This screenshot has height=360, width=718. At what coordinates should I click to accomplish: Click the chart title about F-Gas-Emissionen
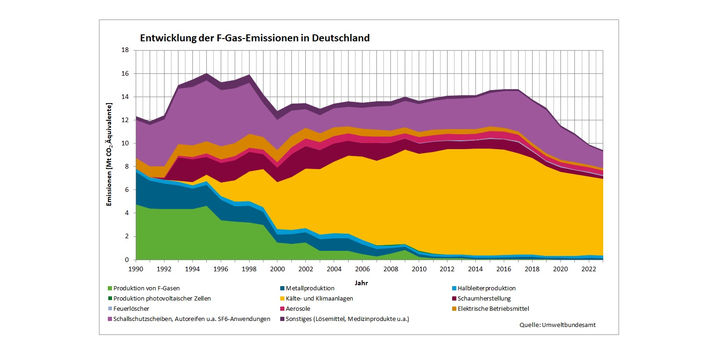coord(255,38)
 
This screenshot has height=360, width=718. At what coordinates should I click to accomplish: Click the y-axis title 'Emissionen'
coord(110,155)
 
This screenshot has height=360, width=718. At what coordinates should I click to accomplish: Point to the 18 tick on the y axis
coord(125,50)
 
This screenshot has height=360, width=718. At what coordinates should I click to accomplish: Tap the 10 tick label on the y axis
coord(125,144)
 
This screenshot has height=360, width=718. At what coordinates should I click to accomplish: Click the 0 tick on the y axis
coord(127,260)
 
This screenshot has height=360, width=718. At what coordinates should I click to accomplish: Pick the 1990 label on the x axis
coord(136,269)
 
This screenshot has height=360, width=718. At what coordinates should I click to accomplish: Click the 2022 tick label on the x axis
coord(589,269)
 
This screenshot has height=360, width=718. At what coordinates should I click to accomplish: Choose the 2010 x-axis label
coord(419,269)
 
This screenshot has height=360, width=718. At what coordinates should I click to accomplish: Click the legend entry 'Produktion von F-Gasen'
coord(146,288)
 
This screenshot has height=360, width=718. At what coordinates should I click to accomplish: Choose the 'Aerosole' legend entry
coord(298,309)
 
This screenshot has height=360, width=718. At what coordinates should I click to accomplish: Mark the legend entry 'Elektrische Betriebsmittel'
coord(493,309)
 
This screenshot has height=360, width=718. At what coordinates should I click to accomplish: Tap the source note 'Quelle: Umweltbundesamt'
coord(557,325)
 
